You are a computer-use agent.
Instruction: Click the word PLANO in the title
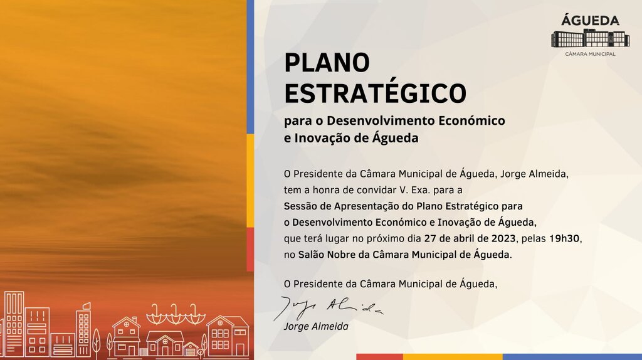pyautogui.click(x=327, y=63)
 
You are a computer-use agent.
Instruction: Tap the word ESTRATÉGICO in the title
pyautogui.click(x=375, y=93)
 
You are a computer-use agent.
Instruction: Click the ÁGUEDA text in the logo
pyautogui.click(x=589, y=20)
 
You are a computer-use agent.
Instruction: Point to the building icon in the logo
pyautogui.click(x=589, y=38)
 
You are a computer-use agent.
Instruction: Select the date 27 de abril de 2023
pyautogui.click(x=470, y=238)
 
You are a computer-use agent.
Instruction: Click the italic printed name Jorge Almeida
pyautogui.click(x=315, y=327)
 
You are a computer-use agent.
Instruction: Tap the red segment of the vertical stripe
pyautogui.click(x=250, y=249)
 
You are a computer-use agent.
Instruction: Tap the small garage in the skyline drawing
pyautogui.click(x=191, y=349)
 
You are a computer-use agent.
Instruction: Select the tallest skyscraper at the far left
pyautogui.click(x=14, y=323)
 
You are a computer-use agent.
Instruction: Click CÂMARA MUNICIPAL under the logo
pyautogui.click(x=590, y=54)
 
